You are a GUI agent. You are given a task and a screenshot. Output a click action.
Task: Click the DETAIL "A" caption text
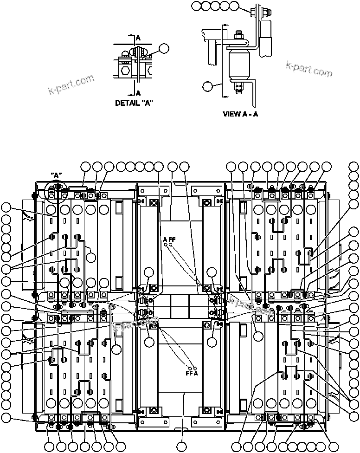pyautogui.click(x=134, y=103)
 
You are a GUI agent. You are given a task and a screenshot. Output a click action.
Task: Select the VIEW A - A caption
pyautogui.click(x=240, y=114)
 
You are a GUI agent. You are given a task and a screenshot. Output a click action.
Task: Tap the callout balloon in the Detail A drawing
pyautogui.click(x=164, y=48)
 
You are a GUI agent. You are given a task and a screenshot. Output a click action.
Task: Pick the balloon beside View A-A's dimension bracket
pyautogui.click(x=208, y=86)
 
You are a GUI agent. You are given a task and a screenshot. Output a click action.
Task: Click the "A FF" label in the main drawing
pyautogui.click(x=169, y=239)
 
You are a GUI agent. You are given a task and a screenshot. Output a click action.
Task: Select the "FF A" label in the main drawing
pyautogui.click(x=192, y=373)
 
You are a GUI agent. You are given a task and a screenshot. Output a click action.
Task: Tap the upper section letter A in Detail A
pyautogui.click(x=138, y=37)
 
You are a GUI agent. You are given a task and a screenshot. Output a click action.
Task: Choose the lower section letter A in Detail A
pyautogui.click(x=138, y=93)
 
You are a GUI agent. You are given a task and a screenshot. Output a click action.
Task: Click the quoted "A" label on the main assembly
pyautogui.click(x=56, y=175)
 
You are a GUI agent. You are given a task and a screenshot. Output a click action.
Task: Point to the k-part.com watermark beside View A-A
pyautogui.click(x=309, y=70)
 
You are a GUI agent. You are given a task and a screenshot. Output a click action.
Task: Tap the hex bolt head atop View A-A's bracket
pyautogui.click(x=254, y=12)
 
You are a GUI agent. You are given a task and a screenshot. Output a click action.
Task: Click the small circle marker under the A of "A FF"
pyautogui.click(x=165, y=245)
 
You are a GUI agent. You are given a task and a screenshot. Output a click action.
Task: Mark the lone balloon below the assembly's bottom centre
pyautogui.click(x=184, y=447)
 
